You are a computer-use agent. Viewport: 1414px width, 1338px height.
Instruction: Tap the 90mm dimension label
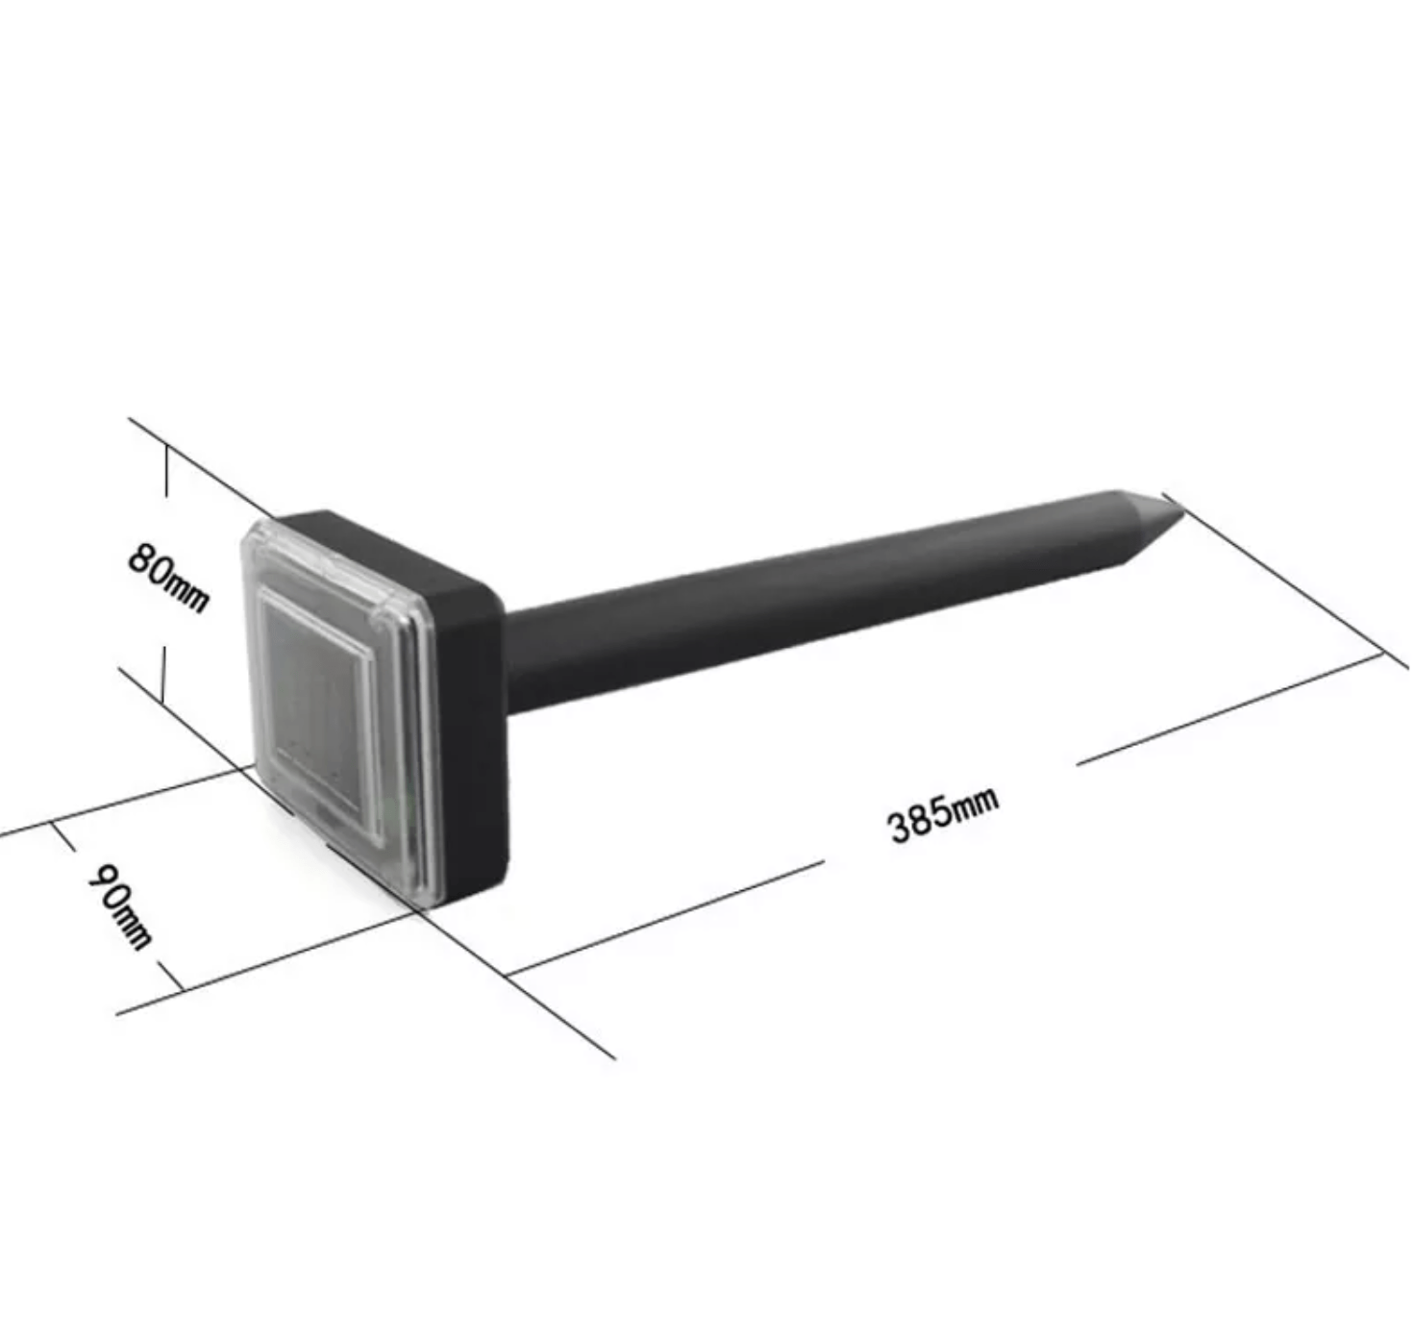click(x=120, y=904)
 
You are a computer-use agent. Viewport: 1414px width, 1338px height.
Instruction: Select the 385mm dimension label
click(x=943, y=814)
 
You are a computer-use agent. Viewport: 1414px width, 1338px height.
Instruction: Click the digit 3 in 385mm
click(x=900, y=828)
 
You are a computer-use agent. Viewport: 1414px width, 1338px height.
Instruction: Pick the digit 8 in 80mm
click(x=141, y=557)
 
